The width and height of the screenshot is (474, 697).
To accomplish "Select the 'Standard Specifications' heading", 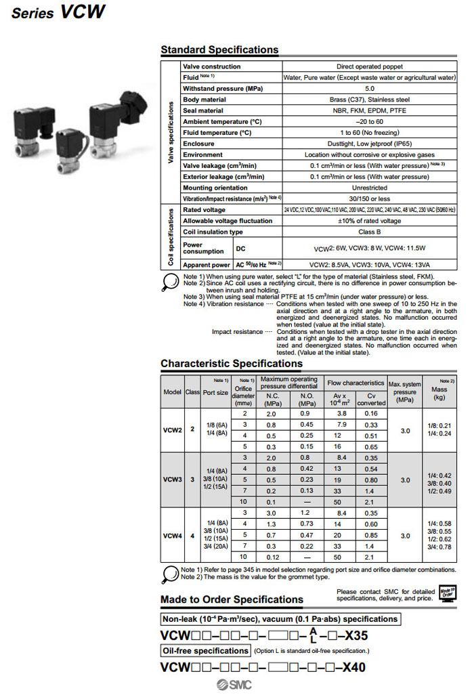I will (x=219, y=49).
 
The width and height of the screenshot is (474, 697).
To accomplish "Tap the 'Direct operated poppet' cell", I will (x=370, y=66).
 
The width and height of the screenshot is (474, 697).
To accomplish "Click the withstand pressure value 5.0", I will (x=370, y=89).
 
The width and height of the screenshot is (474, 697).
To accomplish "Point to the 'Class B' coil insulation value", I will (x=370, y=232).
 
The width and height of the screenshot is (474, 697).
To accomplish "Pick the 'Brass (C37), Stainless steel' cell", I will (x=370, y=100).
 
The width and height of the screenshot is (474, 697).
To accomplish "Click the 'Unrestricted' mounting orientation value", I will (x=370, y=188).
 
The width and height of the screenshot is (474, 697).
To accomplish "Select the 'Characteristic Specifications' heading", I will (x=231, y=364).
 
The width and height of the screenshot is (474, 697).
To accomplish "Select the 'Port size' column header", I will (x=215, y=392).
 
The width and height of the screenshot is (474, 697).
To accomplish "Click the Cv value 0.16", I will (x=371, y=413).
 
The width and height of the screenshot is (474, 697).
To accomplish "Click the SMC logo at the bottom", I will (x=233, y=685).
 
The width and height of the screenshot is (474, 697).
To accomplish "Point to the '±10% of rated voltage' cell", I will (x=370, y=221).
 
